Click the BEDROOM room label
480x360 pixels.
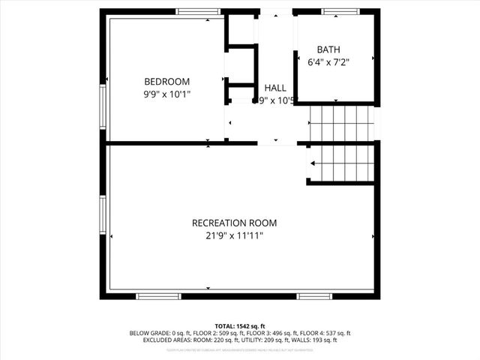pos(166,81)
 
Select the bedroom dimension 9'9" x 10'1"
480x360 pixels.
pos(166,94)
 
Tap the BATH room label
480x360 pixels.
pos(328,49)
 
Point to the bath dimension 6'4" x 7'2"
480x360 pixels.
pos(328,62)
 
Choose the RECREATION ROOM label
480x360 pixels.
pos(234,223)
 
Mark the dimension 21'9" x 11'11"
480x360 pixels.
pos(234,235)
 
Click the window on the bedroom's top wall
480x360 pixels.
pos(198,12)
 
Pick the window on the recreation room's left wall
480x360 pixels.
pos(103,215)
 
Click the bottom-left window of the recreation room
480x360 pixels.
pos(158,295)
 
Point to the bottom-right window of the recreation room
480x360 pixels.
pos(314,295)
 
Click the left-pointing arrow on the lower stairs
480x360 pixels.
pos(311,163)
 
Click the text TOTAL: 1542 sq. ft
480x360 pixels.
pos(240,325)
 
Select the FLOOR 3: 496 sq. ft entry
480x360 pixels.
pos(279,333)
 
